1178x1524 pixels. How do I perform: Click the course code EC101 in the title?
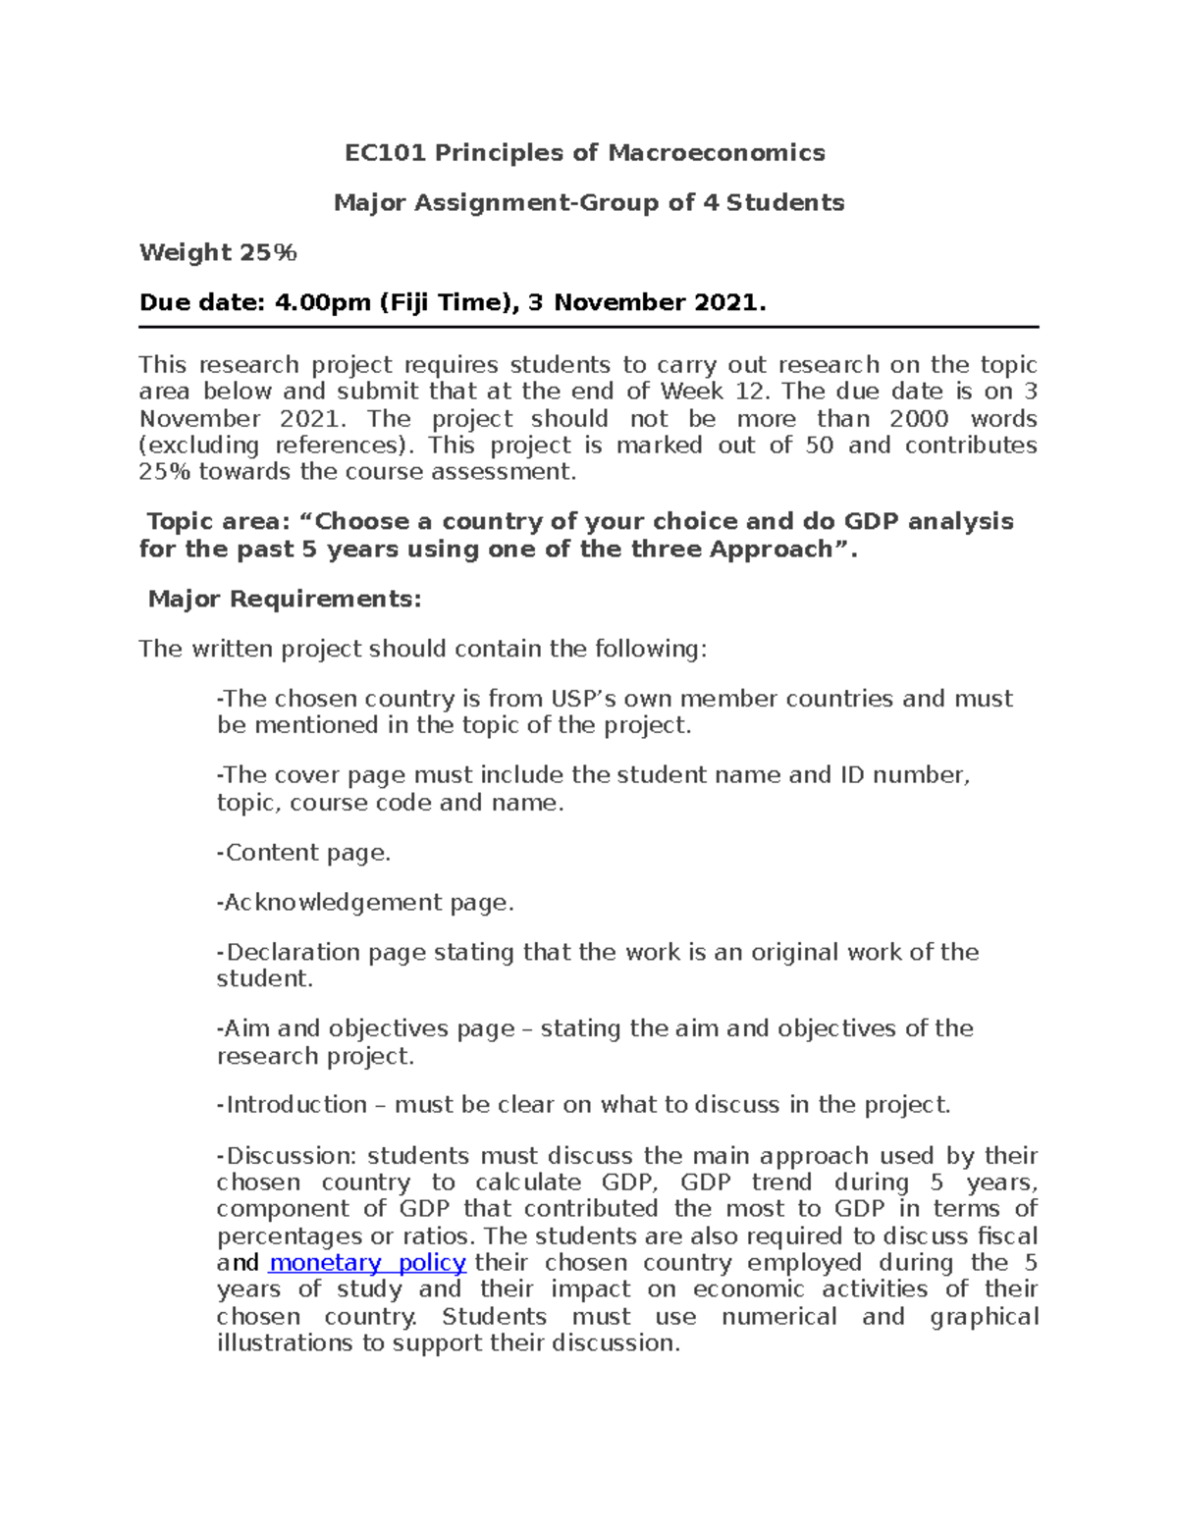386,152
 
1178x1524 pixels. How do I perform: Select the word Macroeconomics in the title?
717,152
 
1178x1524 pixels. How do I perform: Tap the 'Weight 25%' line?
218,252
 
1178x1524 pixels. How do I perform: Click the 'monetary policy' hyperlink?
366,1263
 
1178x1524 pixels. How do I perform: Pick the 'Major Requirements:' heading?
285,599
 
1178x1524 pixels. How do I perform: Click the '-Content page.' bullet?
303,853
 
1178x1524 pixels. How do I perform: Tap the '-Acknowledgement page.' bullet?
365,903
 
